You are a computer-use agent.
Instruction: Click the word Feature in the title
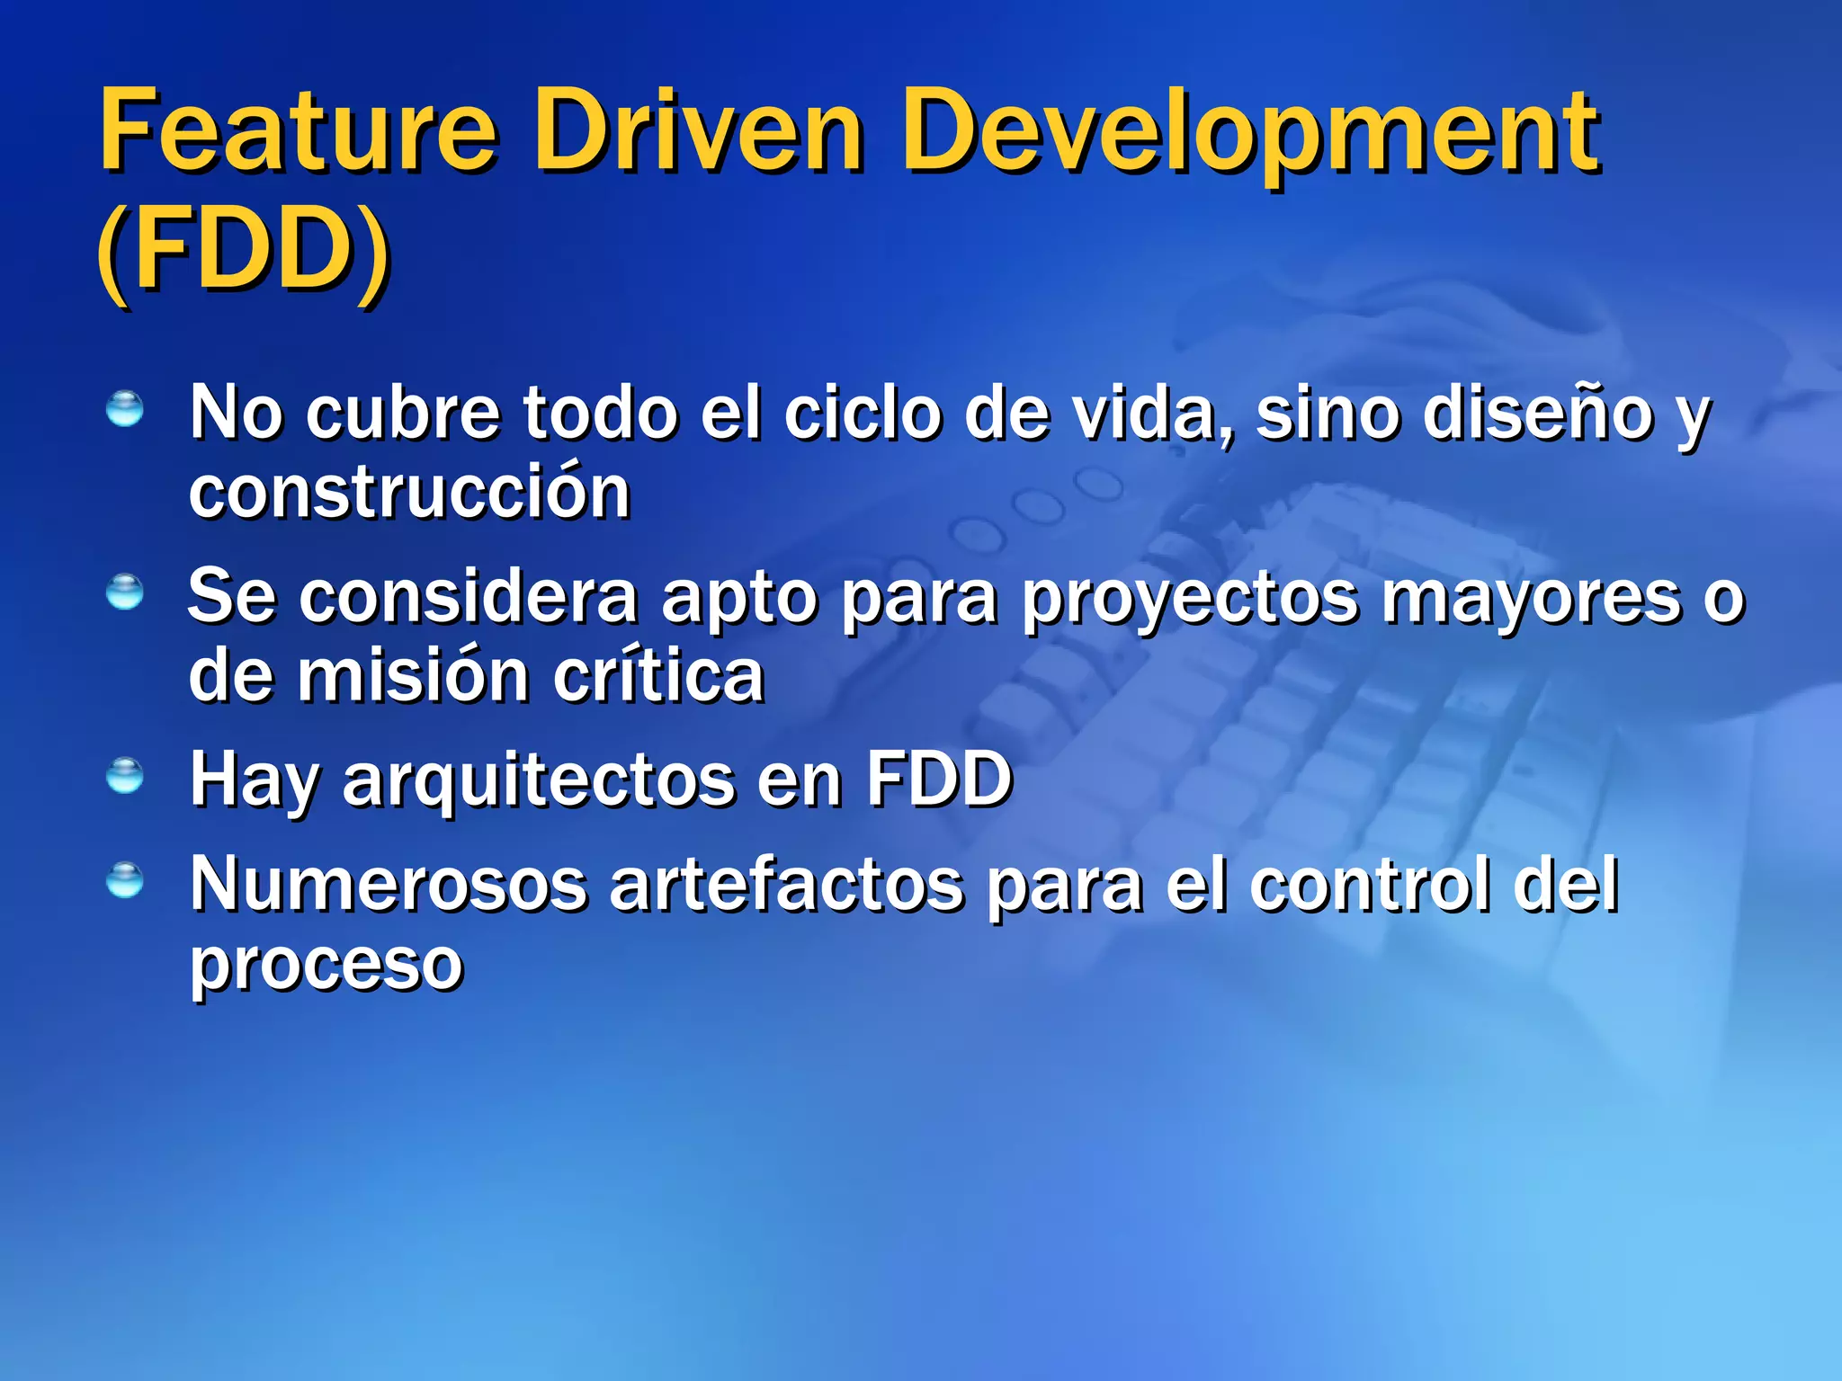297,132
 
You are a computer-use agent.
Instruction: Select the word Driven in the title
698,132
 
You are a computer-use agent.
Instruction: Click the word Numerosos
387,886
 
